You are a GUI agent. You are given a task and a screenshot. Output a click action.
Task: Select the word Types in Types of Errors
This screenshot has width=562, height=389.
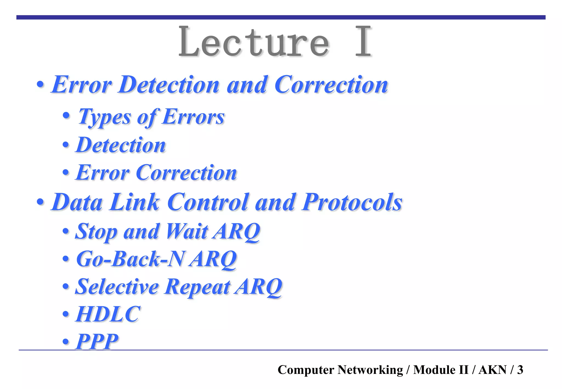click(x=104, y=117)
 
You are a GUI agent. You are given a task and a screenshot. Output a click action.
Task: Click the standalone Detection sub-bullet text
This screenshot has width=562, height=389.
click(x=121, y=145)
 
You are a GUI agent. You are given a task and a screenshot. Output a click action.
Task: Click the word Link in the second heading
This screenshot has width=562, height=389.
click(x=134, y=202)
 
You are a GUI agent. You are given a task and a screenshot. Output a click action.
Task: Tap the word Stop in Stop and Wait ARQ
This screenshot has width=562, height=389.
click(x=96, y=231)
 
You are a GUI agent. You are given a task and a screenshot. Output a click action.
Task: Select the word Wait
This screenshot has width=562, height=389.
click(x=187, y=231)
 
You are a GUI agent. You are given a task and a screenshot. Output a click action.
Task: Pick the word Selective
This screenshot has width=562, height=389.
click(x=117, y=287)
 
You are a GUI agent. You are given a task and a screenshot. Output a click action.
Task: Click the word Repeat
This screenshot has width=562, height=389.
click(x=197, y=287)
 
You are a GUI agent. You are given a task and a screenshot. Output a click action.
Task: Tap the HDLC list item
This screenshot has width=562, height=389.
click(x=108, y=314)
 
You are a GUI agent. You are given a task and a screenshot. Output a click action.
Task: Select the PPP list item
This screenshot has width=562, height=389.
click(x=97, y=342)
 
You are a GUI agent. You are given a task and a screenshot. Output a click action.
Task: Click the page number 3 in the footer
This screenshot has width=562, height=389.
click(x=520, y=370)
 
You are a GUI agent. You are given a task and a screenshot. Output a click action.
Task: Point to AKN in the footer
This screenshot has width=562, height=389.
click(x=493, y=370)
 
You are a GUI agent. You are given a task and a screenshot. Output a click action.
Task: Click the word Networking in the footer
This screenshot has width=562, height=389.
click(x=370, y=370)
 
